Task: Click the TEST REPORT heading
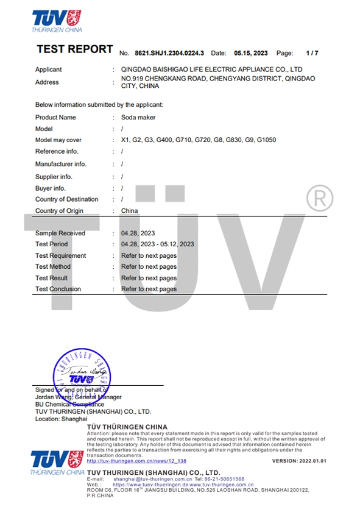pos(74,49)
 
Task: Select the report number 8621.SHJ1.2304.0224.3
pos(169,53)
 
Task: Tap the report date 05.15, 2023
pos(251,53)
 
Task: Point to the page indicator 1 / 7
pos(312,53)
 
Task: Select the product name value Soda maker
pos(138,117)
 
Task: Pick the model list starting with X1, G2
pos(199,140)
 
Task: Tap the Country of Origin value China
pos(130,211)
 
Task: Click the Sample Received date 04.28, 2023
pos(138,233)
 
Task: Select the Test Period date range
pos(158,244)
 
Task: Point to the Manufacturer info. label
pos(61,164)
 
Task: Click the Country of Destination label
pos(66,199)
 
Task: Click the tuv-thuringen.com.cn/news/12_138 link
pos(136,461)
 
